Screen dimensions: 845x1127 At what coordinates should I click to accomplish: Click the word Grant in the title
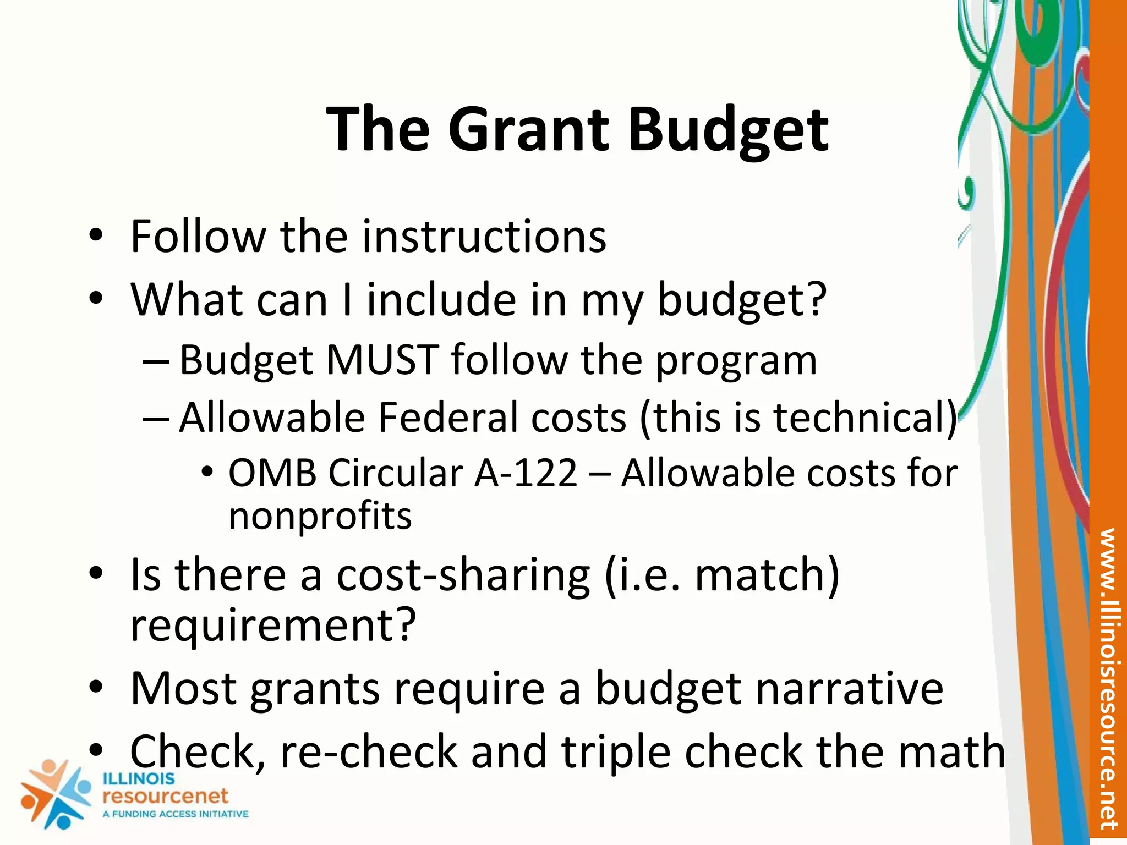pyautogui.click(x=528, y=130)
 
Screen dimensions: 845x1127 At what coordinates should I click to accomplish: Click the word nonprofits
pyautogui.click(x=320, y=517)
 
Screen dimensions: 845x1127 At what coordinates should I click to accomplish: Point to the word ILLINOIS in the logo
pyautogui.click(x=139, y=779)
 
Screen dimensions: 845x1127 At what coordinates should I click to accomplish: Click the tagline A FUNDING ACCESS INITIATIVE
pyautogui.click(x=176, y=814)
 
